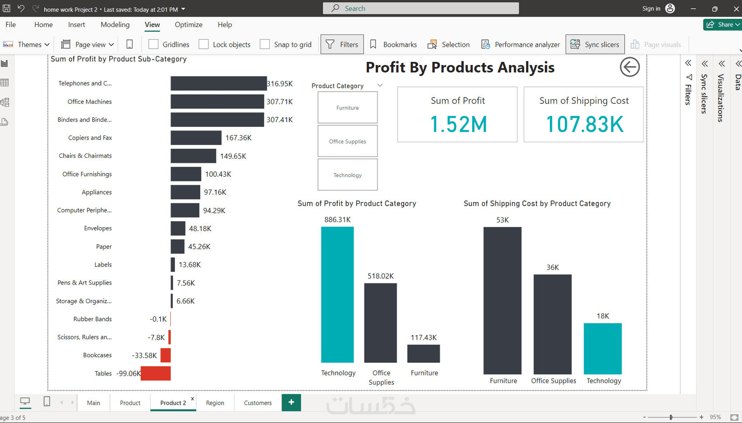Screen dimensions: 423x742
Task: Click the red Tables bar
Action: pos(156,373)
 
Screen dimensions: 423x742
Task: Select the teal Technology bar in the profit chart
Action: pos(337,294)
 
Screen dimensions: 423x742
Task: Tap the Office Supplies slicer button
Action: pos(347,141)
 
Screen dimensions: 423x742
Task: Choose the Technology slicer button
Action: pos(347,175)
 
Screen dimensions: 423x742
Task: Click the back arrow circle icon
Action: pos(629,67)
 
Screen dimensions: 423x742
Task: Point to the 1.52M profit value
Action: pos(458,124)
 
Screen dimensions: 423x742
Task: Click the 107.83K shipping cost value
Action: pos(584,124)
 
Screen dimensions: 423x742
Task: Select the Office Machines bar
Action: pos(217,102)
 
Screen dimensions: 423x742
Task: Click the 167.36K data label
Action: pos(238,138)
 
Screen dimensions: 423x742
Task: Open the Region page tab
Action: pos(215,403)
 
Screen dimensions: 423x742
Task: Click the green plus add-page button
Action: pos(291,402)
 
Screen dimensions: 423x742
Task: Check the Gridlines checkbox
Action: pos(153,44)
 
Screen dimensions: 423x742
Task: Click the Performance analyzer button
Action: pos(520,44)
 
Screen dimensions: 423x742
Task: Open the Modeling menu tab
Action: pos(115,25)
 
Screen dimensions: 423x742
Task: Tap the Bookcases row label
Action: pos(97,355)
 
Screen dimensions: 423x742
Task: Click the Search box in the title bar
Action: pos(421,8)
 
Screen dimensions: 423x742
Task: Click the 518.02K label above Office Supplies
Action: pos(381,276)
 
